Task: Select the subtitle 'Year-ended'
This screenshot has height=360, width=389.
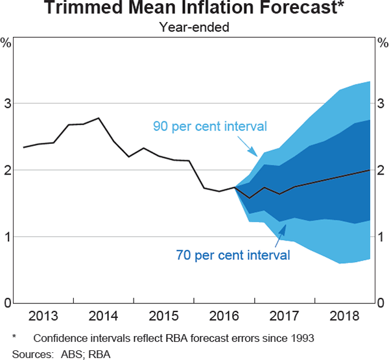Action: (194, 27)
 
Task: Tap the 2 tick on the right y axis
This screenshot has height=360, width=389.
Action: (383, 170)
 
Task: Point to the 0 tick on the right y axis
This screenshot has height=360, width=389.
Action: (383, 303)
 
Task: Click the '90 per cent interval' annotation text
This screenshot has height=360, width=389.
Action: (209, 126)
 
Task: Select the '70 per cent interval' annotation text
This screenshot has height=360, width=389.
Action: (233, 254)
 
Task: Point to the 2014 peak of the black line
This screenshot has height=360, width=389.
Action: (98, 118)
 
